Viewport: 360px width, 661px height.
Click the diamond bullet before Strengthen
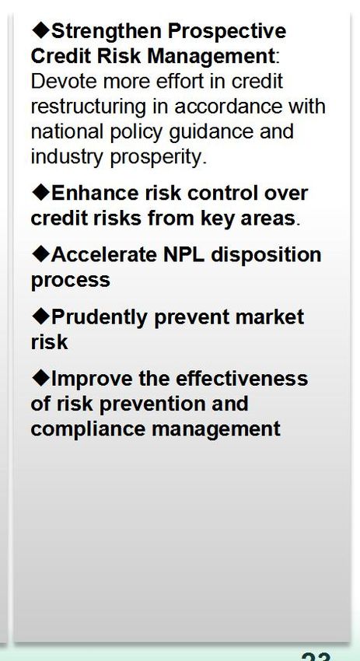[x=41, y=30]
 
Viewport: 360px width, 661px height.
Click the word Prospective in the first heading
[x=227, y=32]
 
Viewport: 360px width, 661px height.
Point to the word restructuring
[x=89, y=107]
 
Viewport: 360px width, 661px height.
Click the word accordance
[x=228, y=107]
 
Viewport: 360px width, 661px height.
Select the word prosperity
[x=158, y=158]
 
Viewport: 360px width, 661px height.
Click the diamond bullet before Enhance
[x=41, y=193]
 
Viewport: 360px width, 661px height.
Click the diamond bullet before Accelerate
[x=41, y=254]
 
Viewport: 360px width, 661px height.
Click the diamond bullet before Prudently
[x=41, y=317]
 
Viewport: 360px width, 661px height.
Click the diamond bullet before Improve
[x=41, y=378]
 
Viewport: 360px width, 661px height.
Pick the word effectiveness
[x=242, y=378]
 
